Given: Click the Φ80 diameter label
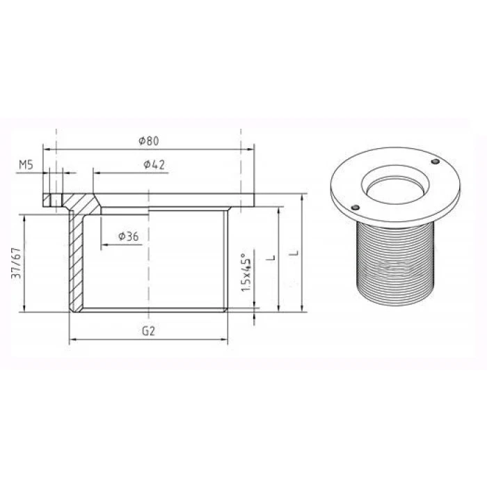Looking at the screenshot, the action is click(x=149, y=141).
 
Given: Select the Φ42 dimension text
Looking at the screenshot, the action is click(x=154, y=164).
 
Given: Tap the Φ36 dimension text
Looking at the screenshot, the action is click(x=129, y=237).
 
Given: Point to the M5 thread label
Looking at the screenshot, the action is click(x=26, y=165).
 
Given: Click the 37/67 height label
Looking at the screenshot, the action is click(x=16, y=263).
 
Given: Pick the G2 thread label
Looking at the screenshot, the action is click(x=148, y=331).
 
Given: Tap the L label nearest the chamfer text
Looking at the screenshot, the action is click(x=271, y=257).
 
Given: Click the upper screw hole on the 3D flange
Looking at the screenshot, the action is click(x=436, y=161).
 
